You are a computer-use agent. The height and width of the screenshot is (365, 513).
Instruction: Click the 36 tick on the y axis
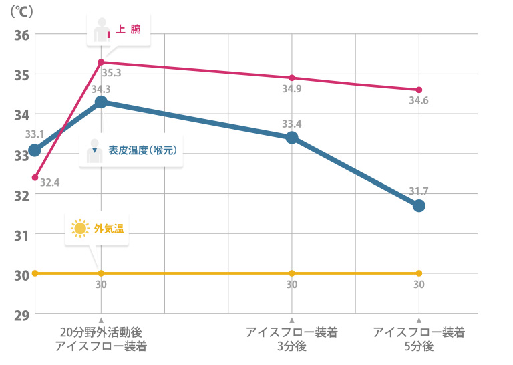(20, 35)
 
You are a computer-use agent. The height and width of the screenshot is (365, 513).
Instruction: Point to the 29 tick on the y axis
(20, 314)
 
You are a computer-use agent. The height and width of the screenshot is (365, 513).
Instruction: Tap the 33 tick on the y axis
(20, 155)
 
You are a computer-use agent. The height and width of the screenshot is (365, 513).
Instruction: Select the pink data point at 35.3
(101, 62)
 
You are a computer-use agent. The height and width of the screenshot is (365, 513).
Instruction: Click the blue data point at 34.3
(101, 102)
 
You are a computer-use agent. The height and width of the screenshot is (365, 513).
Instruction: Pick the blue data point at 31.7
(419, 205)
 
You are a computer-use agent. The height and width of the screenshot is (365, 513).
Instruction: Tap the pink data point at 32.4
(35, 178)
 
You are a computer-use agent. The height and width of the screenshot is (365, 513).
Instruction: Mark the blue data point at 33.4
(292, 138)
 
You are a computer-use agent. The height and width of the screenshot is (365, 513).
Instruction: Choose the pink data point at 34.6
(419, 90)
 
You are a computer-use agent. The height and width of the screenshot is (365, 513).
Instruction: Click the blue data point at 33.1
(35, 150)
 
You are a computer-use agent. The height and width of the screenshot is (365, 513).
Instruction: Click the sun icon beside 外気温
(80, 229)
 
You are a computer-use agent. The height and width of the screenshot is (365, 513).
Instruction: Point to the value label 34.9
(291, 89)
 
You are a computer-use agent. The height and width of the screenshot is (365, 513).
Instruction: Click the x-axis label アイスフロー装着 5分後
(419, 339)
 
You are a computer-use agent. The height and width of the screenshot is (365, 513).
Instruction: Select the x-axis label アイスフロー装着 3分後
(292, 339)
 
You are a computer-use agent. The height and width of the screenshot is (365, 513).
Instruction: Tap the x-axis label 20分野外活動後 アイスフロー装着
(101, 339)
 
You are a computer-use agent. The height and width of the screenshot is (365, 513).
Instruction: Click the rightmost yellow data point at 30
(419, 273)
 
